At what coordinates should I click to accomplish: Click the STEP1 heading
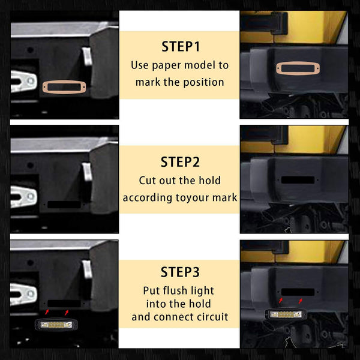coord(181,47)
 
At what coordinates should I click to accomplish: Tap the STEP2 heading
coord(180,162)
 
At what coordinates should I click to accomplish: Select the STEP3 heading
coord(180,272)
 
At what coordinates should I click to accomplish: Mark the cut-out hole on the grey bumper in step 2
coord(64,205)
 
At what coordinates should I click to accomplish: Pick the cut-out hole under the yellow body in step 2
coord(298,180)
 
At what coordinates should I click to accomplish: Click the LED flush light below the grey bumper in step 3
coord(56,325)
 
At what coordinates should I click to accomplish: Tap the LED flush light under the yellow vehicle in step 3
coord(286,314)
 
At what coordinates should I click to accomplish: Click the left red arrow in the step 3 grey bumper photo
coord(47,312)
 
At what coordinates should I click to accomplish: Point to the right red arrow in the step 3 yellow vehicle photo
coord(301,301)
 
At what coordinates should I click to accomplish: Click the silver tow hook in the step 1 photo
coord(23,81)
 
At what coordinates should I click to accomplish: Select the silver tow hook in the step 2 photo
coord(23,196)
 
